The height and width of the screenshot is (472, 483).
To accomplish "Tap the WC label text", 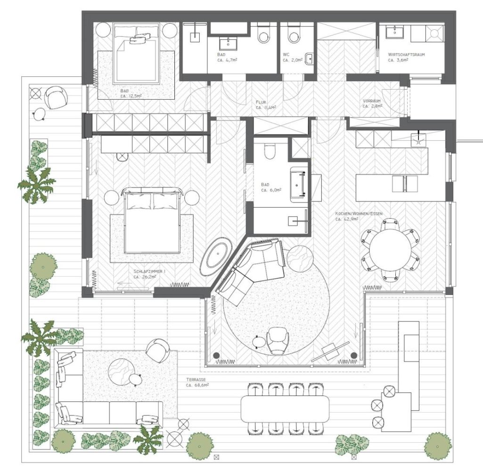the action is [286, 55].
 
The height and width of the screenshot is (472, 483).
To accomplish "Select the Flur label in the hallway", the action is [261, 102].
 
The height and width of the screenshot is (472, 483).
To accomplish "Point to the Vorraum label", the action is [372, 101].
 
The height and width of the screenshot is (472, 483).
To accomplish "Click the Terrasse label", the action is [196, 380].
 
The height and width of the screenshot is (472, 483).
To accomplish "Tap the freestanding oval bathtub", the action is [216, 256].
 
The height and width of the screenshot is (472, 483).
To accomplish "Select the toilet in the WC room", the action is [294, 34].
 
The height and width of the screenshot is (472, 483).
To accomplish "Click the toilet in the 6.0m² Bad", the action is [270, 150].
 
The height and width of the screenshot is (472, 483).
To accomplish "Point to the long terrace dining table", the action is [285, 409].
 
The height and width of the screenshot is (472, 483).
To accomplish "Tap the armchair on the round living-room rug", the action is [278, 341].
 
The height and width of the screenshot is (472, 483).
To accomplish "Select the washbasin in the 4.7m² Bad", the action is [228, 44].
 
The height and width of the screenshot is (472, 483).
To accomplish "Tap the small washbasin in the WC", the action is [309, 59].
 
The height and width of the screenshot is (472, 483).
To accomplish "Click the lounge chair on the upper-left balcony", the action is [56, 97].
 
